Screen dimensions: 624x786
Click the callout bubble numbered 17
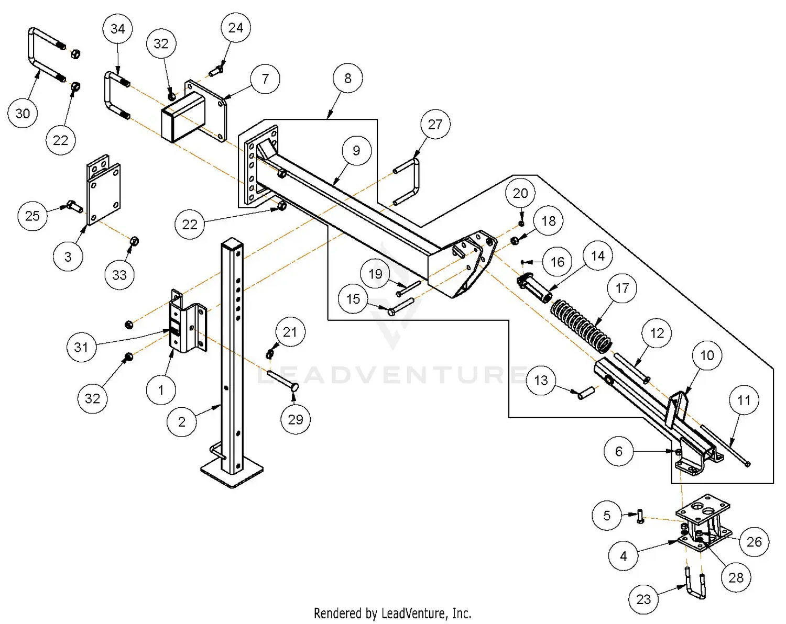tap(622, 288)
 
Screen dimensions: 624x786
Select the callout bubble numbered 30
tap(23, 113)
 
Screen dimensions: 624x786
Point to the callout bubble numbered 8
tap(348, 79)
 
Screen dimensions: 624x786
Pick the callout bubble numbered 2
tap(181, 422)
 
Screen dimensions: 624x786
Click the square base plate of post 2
tap(232, 473)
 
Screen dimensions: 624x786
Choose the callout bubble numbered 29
tap(296, 419)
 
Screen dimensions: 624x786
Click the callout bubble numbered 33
tap(119, 275)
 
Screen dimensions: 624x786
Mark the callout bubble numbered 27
tap(435, 125)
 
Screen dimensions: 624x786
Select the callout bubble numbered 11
tap(744, 400)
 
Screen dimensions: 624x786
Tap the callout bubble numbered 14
tap(598, 255)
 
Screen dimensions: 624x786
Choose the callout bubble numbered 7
tap(265, 79)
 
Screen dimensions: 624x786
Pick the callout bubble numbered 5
tap(607, 516)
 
